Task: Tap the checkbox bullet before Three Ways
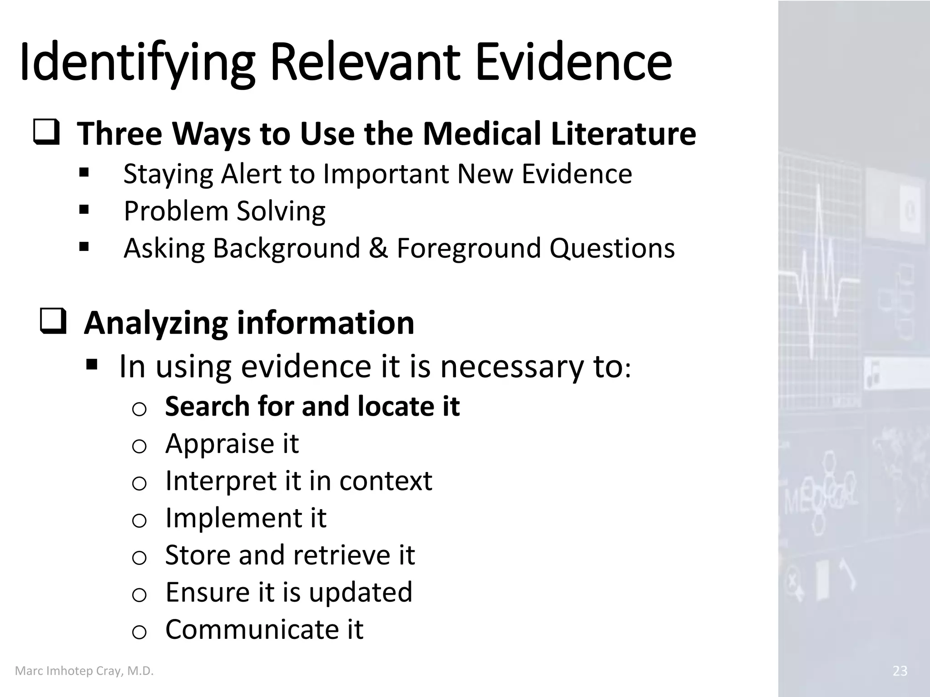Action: click(x=46, y=133)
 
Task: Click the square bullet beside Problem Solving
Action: click(x=84, y=210)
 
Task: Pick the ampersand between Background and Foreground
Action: click(x=378, y=248)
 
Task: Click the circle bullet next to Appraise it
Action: click(x=139, y=447)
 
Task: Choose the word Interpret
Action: click(x=220, y=481)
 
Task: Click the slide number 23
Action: click(x=900, y=671)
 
